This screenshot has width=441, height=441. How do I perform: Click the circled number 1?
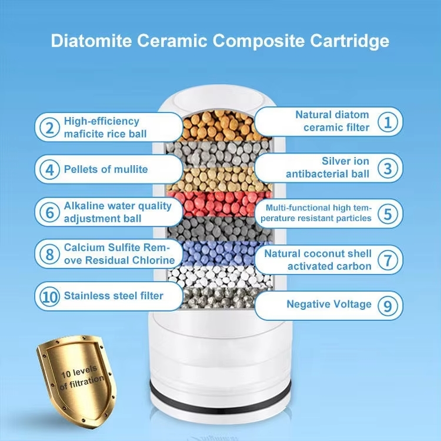coord(388,122)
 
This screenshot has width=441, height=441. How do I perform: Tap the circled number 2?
coord(50,128)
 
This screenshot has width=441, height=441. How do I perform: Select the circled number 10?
coord(50,296)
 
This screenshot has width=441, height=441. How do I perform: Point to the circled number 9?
coord(388,305)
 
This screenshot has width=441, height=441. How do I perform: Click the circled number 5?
coord(388,213)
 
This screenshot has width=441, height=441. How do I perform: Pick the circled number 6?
coord(50,212)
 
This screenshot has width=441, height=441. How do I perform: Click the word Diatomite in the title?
coord(91,41)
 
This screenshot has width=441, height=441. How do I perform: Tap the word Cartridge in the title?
coord(350,41)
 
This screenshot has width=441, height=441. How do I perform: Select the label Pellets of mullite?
coord(106,169)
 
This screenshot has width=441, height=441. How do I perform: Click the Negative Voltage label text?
coord(329,305)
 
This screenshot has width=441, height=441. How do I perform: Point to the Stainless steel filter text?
coord(113,296)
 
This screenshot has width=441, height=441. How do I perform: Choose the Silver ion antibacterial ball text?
coord(328,168)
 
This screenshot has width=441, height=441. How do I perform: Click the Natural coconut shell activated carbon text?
coord(318,260)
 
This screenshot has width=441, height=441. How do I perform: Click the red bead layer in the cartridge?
coord(219,204)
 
